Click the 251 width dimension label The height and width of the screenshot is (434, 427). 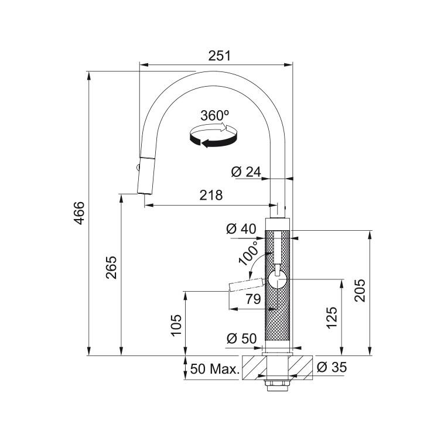(x=219, y=56)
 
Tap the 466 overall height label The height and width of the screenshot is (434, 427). (x=80, y=213)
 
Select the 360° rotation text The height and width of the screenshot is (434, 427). (x=215, y=115)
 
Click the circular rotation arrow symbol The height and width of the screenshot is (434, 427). (x=213, y=136)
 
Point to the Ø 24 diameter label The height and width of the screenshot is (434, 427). (x=246, y=172)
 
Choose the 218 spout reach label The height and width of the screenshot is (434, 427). (x=211, y=195)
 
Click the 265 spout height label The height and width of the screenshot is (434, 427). (x=111, y=268)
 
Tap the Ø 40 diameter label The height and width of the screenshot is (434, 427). (x=241, y=229)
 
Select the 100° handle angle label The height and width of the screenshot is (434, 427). (x=248, y=252)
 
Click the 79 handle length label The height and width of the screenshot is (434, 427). (x=253, y=299)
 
